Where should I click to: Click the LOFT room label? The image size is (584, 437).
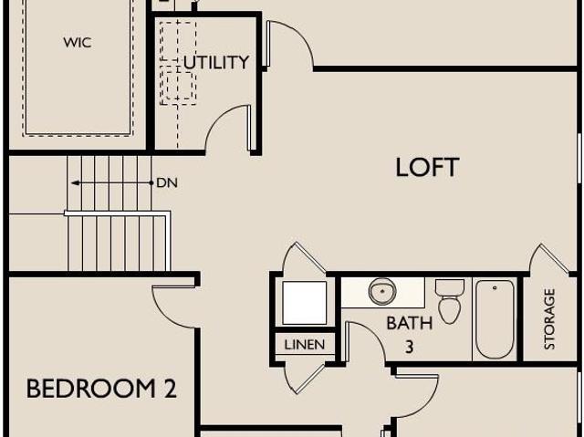[x=427, y=168]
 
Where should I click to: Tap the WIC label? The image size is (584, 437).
[x=78, y=43]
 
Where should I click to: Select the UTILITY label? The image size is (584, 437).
[x=216, y=62]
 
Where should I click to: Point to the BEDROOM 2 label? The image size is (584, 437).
[x=101, y=389]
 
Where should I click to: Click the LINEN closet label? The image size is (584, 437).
[x=304, y=345]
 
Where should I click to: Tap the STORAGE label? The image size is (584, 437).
[x=549, y=319]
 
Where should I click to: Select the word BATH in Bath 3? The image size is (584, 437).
[x=410, y=323]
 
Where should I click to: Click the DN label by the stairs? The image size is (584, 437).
[x=167, y=183]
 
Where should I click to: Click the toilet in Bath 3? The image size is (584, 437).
[x=450, y=301]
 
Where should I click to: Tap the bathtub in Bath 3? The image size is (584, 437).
[x=495, y=319]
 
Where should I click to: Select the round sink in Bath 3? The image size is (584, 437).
[x=382, y=290]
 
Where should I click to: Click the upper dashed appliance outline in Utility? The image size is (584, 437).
[x=178, y=42]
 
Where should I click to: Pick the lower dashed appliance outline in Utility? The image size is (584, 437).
[x=178, y=86]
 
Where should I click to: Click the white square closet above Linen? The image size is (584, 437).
[x=304, y=303]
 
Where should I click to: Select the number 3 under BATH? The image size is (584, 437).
[x=410, y=348]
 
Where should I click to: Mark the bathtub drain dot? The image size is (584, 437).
[x=495, y=287]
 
